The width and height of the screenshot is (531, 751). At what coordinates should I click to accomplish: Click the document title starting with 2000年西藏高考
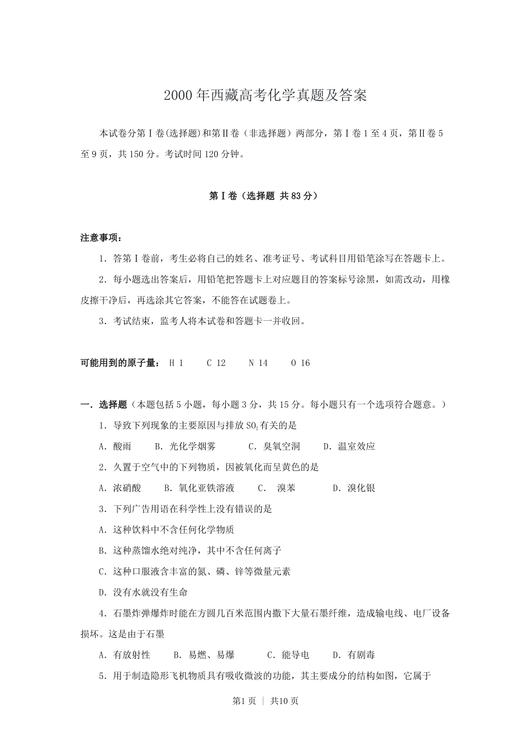265,96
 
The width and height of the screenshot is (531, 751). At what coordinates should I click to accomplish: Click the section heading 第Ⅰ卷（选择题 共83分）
265,196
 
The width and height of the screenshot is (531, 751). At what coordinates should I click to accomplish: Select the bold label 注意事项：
101,238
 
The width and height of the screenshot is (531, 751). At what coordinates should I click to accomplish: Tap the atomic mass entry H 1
176,363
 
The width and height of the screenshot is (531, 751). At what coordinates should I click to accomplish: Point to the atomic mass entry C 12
216,363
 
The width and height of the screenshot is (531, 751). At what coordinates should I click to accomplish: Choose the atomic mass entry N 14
258,363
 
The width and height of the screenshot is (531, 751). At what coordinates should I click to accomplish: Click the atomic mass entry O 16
300,363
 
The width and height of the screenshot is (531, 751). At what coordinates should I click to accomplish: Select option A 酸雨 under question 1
115,446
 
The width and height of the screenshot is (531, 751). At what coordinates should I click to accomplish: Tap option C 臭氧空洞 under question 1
274,446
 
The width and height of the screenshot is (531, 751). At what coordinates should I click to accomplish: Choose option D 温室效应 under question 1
350,446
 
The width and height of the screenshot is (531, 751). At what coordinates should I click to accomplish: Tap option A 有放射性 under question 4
125,655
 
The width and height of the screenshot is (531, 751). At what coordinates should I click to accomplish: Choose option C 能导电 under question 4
288,655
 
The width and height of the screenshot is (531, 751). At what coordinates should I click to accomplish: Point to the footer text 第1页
244,701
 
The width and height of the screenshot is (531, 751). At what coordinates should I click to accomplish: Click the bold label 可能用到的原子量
120,363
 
